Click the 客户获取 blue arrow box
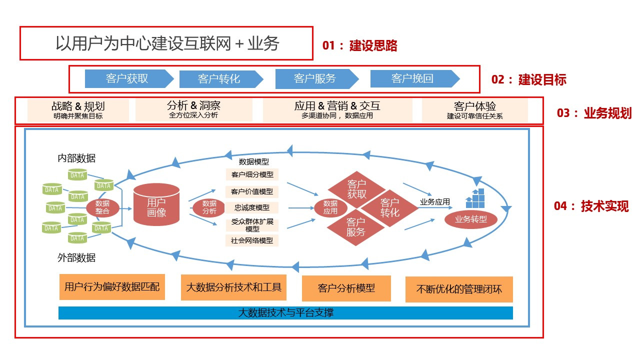pos(128,79)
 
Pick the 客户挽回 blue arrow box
pos(413,78)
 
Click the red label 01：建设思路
pos(360,46)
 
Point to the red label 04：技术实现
pos(591,206)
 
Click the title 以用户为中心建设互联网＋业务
pos(167,43)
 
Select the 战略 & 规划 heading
pos(78,106)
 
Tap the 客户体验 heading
pos(474,106)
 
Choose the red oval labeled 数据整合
pos(102,207)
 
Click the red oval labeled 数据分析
pos(209,207)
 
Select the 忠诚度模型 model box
pos(252,207)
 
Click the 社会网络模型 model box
pos(252,240)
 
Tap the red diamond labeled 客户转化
pos(390,207)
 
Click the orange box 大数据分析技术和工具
pos(233,287)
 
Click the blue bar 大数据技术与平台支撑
pos(285,313)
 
